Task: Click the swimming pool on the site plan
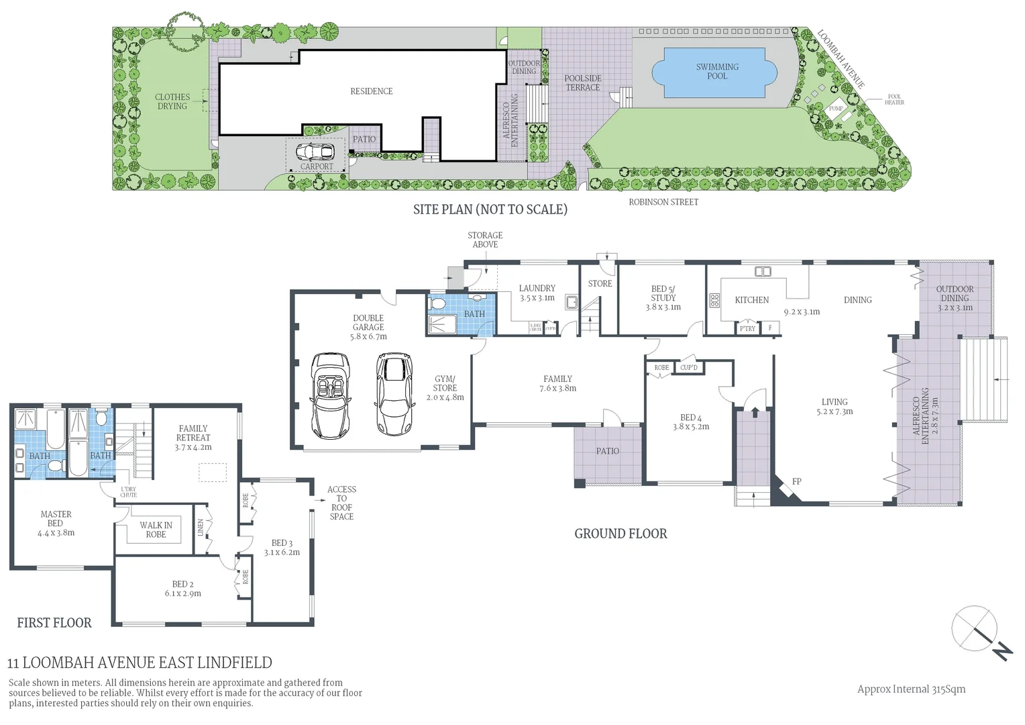[716, 72]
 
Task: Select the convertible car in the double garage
[328, 396]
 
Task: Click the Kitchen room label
[751, 300]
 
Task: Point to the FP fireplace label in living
[797, 481]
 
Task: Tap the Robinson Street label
[663, 202]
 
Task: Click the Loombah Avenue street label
[841, 59]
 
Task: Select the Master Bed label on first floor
[56, 519]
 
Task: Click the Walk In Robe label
[156, 530]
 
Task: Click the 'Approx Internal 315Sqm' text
[911, 689]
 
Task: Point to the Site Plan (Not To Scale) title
[490, 209]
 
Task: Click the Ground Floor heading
[621, 534]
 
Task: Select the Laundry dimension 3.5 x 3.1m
[537, 297]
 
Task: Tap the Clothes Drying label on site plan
[172, 101]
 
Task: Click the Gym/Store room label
[445, 383]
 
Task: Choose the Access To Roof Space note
[341, 503]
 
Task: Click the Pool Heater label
[894, 99]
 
